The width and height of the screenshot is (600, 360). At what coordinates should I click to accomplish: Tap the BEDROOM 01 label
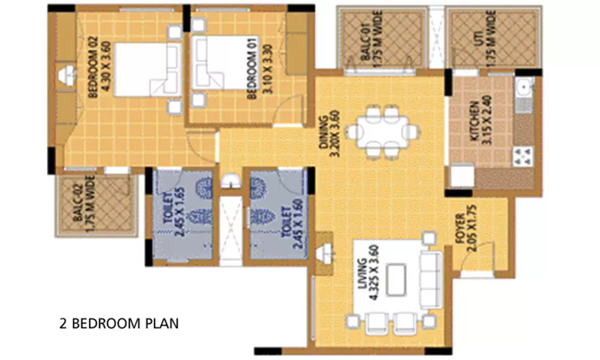tap(256, 68)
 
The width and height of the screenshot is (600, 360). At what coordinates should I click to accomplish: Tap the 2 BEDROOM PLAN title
tap(119, 324)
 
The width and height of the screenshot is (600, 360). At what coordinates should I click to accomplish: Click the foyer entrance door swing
tap(483, 255)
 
